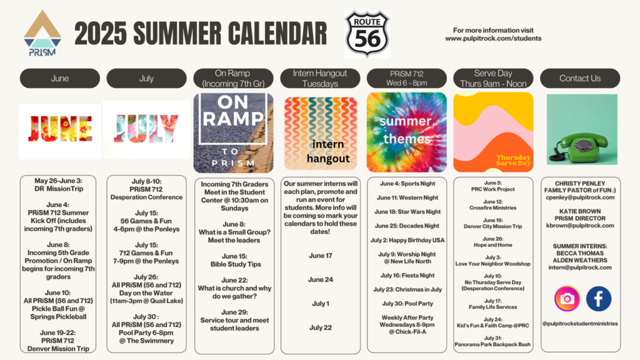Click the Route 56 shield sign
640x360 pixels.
(367, 34)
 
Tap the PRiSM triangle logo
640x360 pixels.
(42, 33)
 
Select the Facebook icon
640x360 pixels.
(598, 299)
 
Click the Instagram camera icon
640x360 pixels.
(567, 299)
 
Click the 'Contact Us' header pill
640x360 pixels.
(580, 78)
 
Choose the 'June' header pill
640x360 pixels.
(59, 78)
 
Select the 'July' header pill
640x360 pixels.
(146, 78)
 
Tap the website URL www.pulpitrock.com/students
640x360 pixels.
(493, 38)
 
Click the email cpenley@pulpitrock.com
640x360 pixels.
(580, 197)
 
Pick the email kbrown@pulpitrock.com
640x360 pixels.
(580, 225)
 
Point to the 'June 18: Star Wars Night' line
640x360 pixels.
(407, 212)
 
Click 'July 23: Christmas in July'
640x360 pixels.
(407, 289)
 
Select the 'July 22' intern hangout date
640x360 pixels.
(321, 327)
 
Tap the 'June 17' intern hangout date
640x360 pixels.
(321, 256)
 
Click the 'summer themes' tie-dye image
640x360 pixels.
(406, 132)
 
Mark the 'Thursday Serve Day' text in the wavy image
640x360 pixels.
(514, 161)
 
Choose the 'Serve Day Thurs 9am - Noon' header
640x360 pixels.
(493, 78)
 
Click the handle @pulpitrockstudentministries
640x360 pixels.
(580, 324)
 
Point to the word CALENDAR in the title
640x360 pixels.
(277, 34)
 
